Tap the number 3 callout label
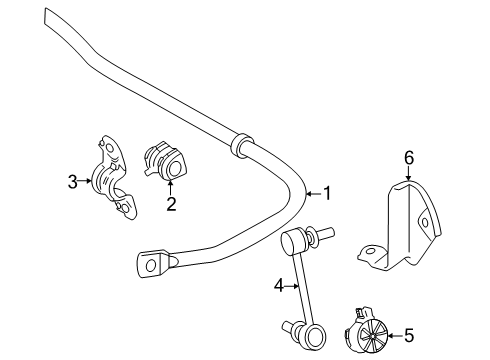click(x=72, y=181)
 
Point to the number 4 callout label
click(x=280, y=286)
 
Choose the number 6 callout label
click(x=408, y=157)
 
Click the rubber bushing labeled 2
click(x=165, y=161)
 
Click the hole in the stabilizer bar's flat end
click(x=151, y=265)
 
